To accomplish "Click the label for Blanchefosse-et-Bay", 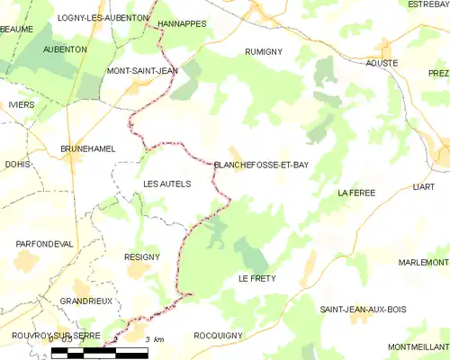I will (261, 165).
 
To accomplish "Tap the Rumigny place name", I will (264, 52).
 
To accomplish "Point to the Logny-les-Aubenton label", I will (90, 17).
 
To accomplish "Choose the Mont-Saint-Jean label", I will (142, 70).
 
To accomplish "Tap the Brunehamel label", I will (87, 148).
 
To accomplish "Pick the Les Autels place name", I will (167, 184).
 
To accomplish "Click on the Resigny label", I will (142, 256).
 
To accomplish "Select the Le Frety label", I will (256, 279).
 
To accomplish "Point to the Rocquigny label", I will (218, 335).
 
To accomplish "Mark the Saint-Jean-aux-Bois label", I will (363, 309).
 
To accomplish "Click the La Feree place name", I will (355, 193).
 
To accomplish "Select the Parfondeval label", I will (44, 244).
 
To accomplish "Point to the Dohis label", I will (17, 165).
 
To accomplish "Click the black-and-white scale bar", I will (99, 353).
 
